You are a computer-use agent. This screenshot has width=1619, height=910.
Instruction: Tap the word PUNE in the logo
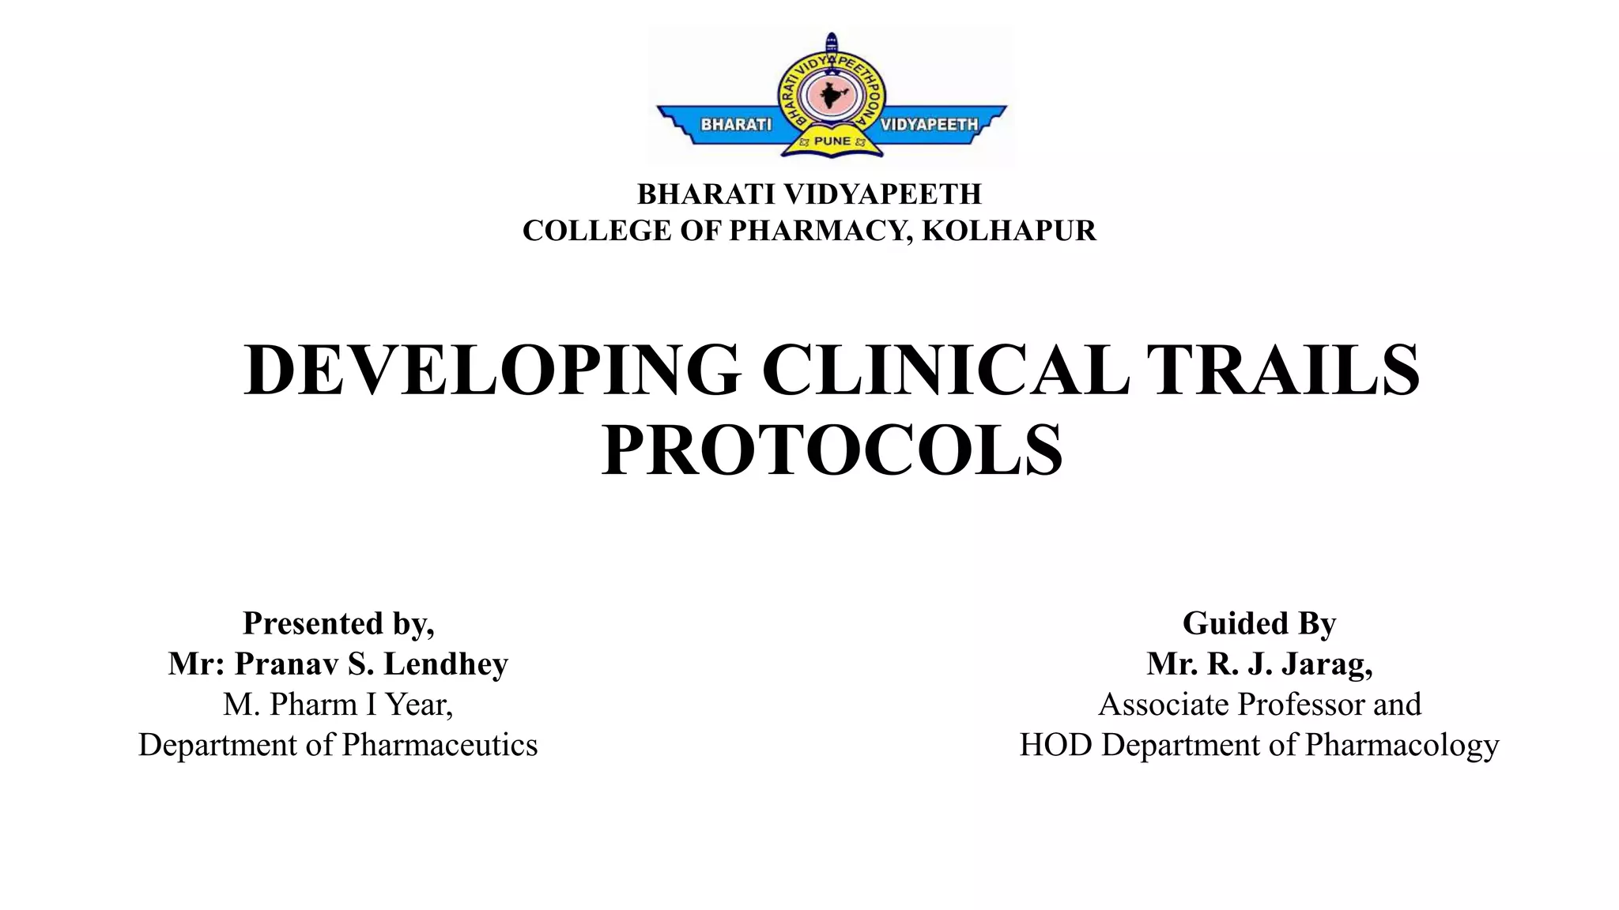pyautogui.click(x=832, y=141)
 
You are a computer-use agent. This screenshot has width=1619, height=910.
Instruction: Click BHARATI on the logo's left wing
pyautogui.click(x=736, y=125)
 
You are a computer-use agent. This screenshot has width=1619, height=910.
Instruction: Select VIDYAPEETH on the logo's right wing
pyautogui.click(x=929, y=125)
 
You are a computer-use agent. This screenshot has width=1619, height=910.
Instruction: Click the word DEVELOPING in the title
pyautogui.click(x=492, y=370)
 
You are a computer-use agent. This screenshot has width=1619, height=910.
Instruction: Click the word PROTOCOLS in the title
pyautogui.click(x=832, y=451)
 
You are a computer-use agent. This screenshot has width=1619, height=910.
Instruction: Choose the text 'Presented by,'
pyautogui.click(x=338, y=623)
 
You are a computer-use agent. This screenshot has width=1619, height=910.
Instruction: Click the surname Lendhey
pyautogui.click(x=446, y=664)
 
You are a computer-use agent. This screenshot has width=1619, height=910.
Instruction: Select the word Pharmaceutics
pyautogui.click(x=440, y=745)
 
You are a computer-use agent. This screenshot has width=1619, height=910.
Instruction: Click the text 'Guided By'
pyautogui.click(x=1259, y=623)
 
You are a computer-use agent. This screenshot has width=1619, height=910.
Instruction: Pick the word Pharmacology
pyautogui.click(x=1402, y=745)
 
